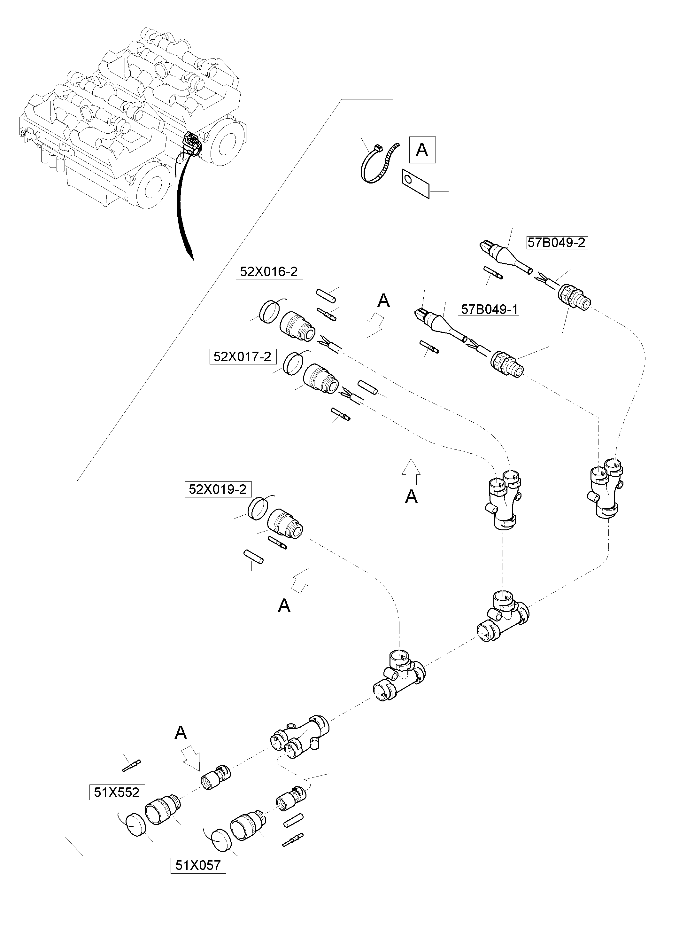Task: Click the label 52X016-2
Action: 269,272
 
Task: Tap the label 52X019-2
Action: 218,489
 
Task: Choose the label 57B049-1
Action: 488,309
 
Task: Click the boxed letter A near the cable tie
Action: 422,150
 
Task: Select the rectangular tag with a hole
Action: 415,184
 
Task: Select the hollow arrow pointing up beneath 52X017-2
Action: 411,472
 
